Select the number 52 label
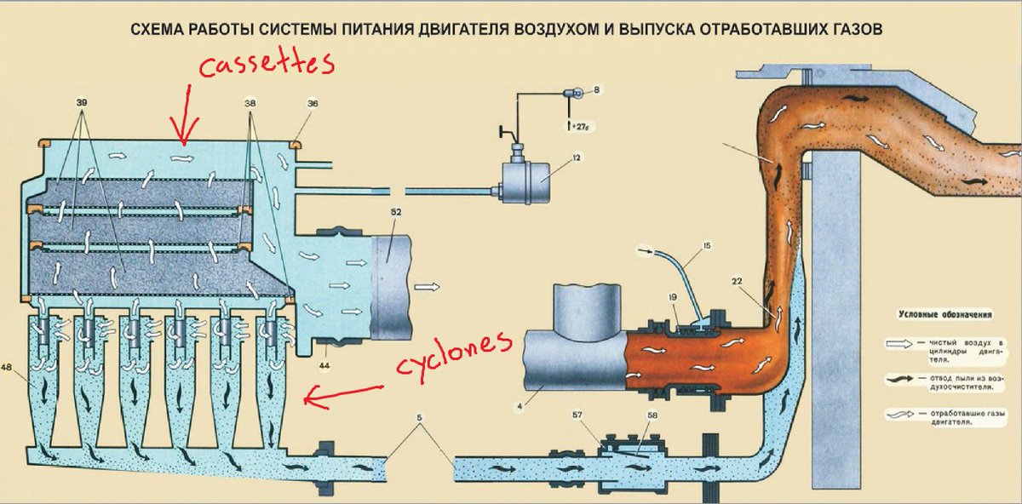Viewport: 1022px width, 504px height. [396, 211]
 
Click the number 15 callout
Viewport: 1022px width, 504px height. [706, 247]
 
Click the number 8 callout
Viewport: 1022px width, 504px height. [597, 89]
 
